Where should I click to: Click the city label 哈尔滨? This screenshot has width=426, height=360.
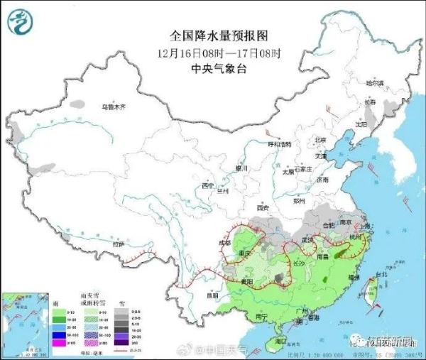374,84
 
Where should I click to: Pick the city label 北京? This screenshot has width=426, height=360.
321,140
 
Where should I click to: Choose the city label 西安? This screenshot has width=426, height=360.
263,208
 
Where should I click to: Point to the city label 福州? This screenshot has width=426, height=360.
353,277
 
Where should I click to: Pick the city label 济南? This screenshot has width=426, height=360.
323,180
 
